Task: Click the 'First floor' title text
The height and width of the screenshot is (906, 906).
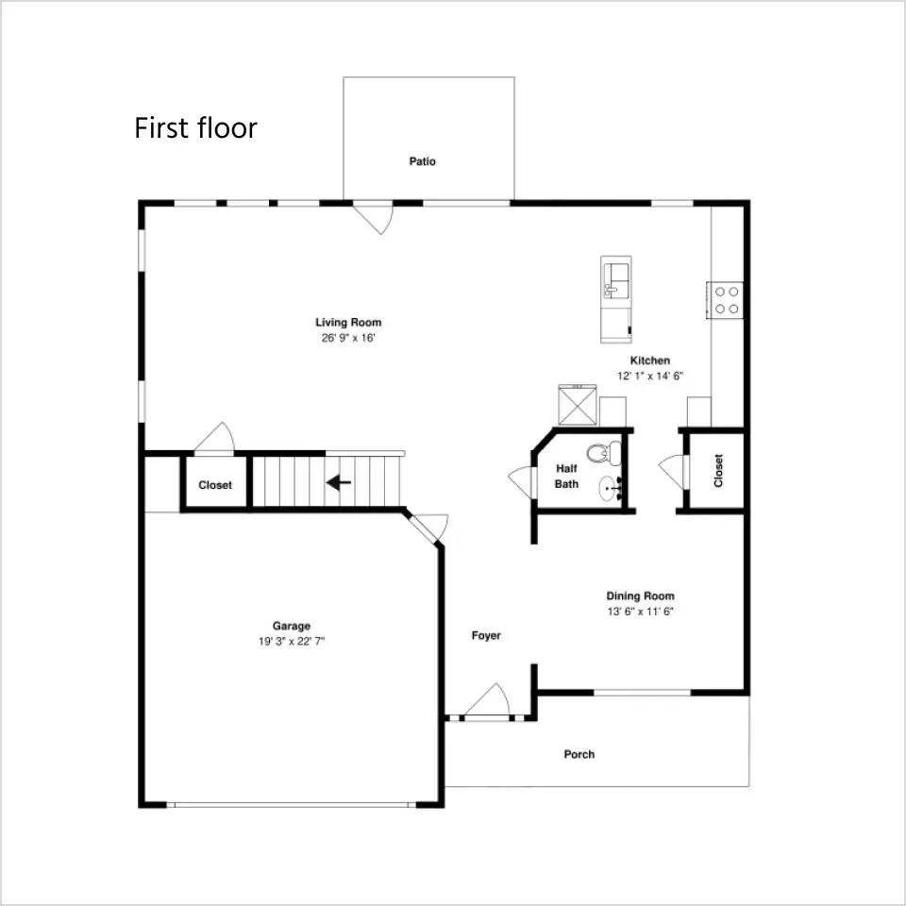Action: (195, 127)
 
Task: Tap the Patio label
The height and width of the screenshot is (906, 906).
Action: (423, 161)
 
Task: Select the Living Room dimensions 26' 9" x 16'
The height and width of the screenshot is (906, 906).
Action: (348, 338)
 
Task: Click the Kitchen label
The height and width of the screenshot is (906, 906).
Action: (650, 361)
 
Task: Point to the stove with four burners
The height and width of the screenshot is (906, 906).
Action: (725, 300)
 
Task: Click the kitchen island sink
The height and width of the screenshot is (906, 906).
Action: (616, 280)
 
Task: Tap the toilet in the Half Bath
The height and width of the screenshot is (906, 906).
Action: (604, 453)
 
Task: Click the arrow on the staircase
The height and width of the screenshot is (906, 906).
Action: (339, 482)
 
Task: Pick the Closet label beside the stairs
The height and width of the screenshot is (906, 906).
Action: (215, 485)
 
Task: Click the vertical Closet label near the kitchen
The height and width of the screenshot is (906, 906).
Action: (718, 470)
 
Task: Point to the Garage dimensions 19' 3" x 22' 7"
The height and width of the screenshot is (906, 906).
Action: (292, 641)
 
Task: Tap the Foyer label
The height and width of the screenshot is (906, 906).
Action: (486, 635)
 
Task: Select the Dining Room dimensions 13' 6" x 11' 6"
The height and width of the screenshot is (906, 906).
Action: (640, 612)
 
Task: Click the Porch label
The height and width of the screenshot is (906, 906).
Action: (579, 754)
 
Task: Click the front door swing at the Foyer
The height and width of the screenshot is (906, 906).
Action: (488, 700)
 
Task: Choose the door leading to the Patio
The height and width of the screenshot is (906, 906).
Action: (374, 217)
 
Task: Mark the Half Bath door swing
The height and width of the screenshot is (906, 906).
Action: (522, 482)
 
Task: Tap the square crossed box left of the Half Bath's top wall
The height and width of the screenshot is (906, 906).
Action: (578, 405)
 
